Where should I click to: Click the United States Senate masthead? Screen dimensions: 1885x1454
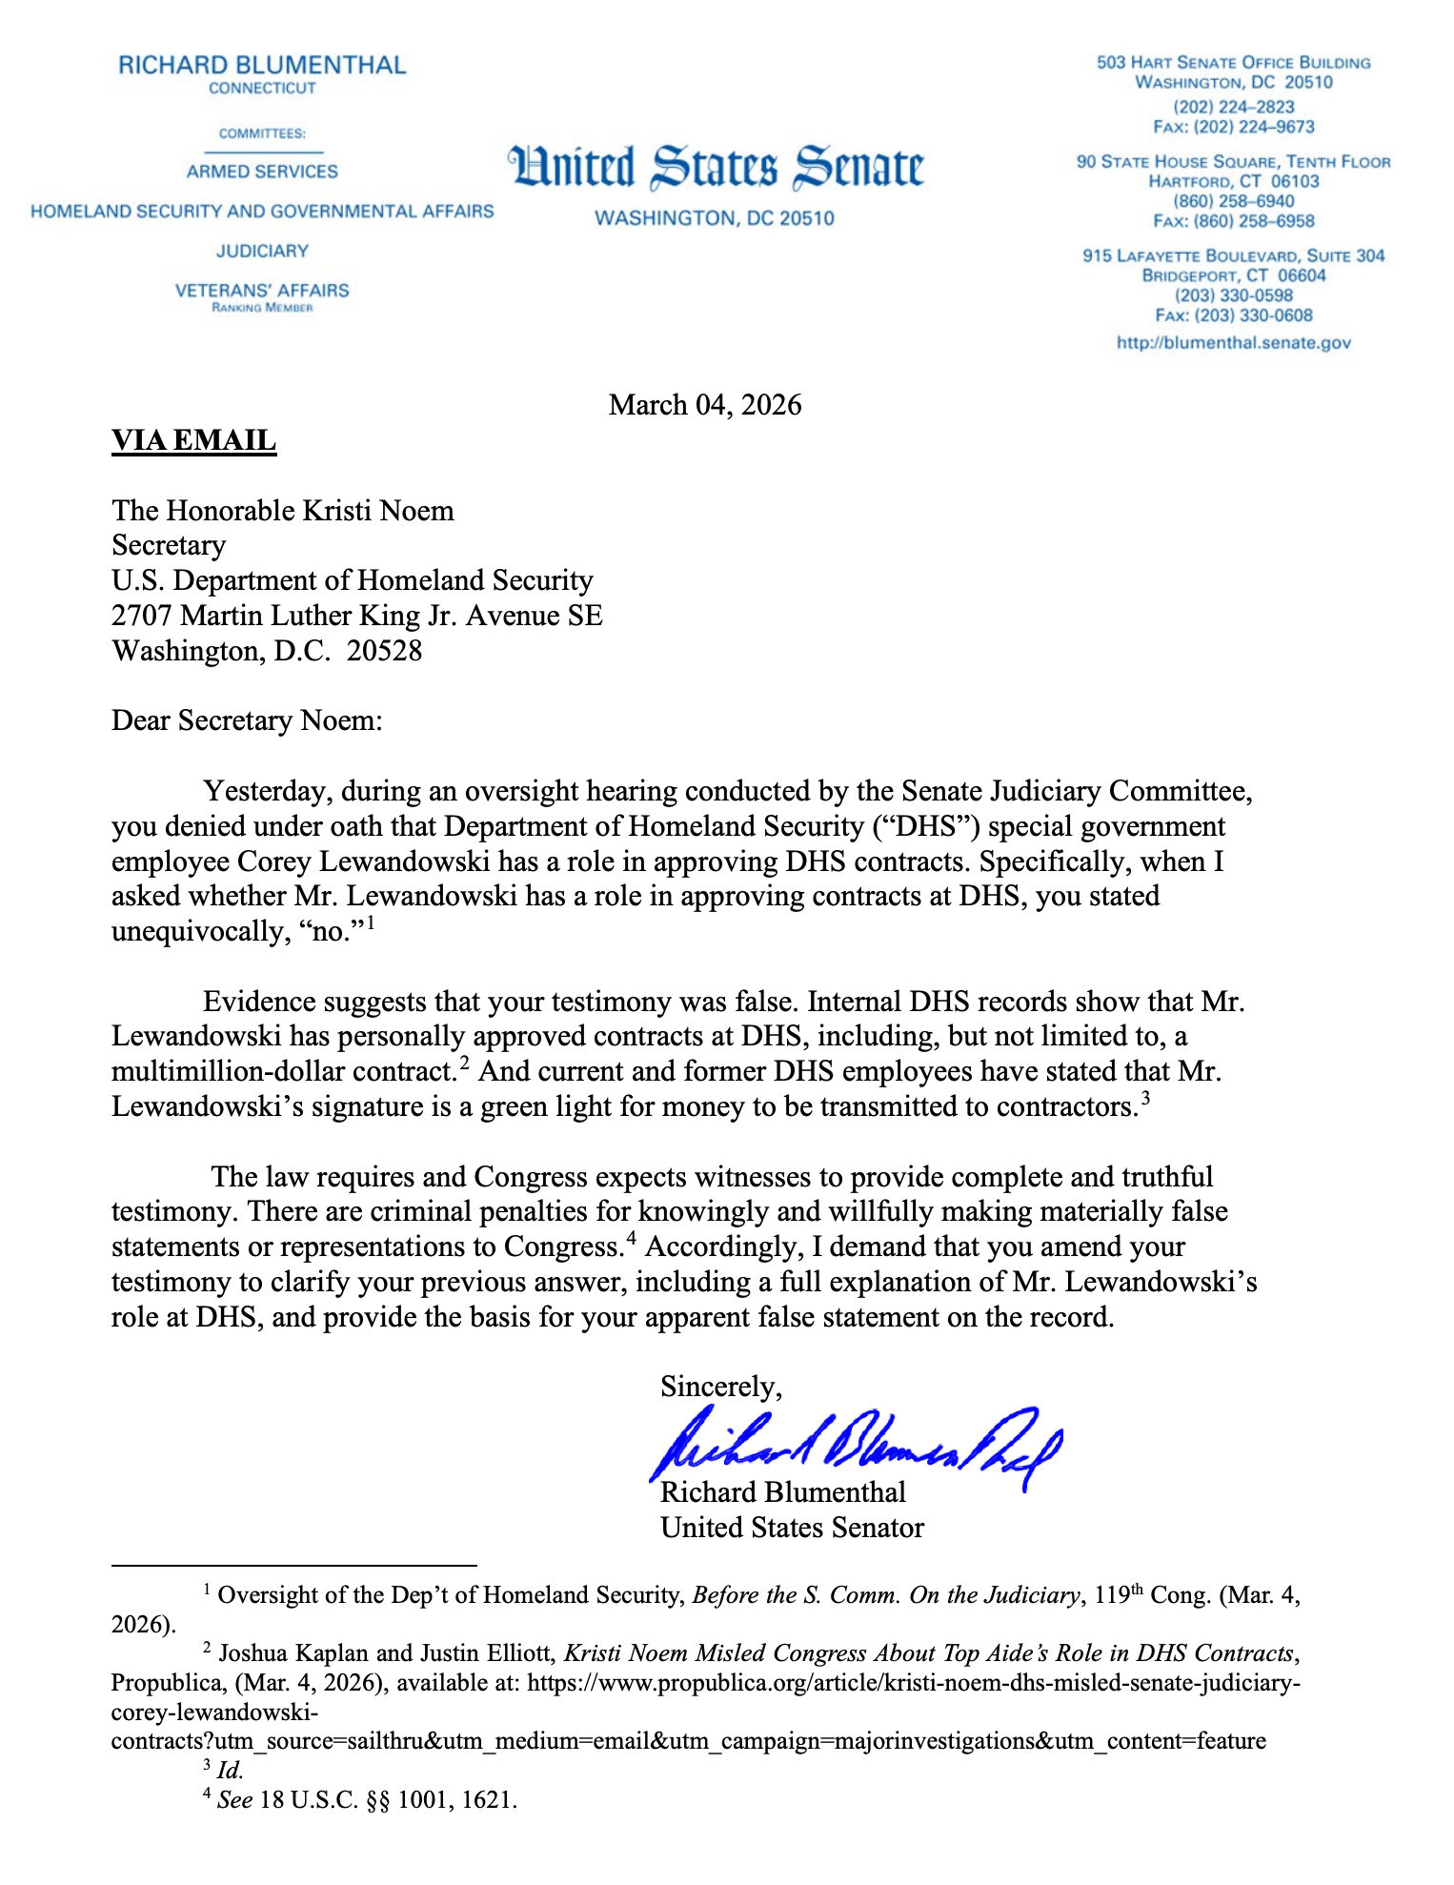[x=716, y=169]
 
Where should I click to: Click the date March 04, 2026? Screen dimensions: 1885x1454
[x=705, y=405]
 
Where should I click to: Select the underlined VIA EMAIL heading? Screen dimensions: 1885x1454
[x=193, y=440]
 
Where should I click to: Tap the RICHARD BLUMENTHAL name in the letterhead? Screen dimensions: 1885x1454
[x=262, y=66]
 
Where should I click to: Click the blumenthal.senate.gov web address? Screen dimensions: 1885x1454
[x=1233, y=343]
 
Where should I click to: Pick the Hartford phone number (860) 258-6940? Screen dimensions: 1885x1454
[x=1233, y=201]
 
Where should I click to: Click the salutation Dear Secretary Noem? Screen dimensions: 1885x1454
[x=247, y=720]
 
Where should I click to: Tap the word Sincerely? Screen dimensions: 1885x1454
[x=721, y=1386]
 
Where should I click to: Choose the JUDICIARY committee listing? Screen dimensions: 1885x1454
[x=262, y=251]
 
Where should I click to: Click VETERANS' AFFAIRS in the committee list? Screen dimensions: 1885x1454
[x=262, y=291]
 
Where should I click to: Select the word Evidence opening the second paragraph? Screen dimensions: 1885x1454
[x=259, y=1003]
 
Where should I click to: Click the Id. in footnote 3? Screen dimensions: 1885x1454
[x=230, y=1771]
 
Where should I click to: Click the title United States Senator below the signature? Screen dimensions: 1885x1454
[x=792, y=1528]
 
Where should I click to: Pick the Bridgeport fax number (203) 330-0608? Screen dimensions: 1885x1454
[x=1233, y=315]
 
